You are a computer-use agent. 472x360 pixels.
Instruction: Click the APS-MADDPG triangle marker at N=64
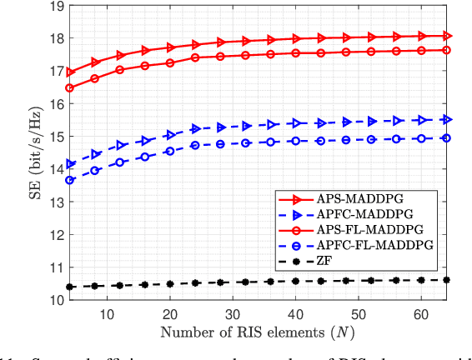click(448, 36)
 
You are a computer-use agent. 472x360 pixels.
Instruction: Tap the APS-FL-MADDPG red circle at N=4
click(69, 88)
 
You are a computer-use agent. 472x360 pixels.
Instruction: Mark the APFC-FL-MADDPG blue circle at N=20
click(170, 152)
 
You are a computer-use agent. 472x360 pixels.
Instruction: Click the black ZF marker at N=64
click(448, 280)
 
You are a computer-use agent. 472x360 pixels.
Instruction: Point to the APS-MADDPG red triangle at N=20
click(170, 47)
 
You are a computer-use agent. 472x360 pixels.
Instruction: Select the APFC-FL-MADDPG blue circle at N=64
click(448, 138)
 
